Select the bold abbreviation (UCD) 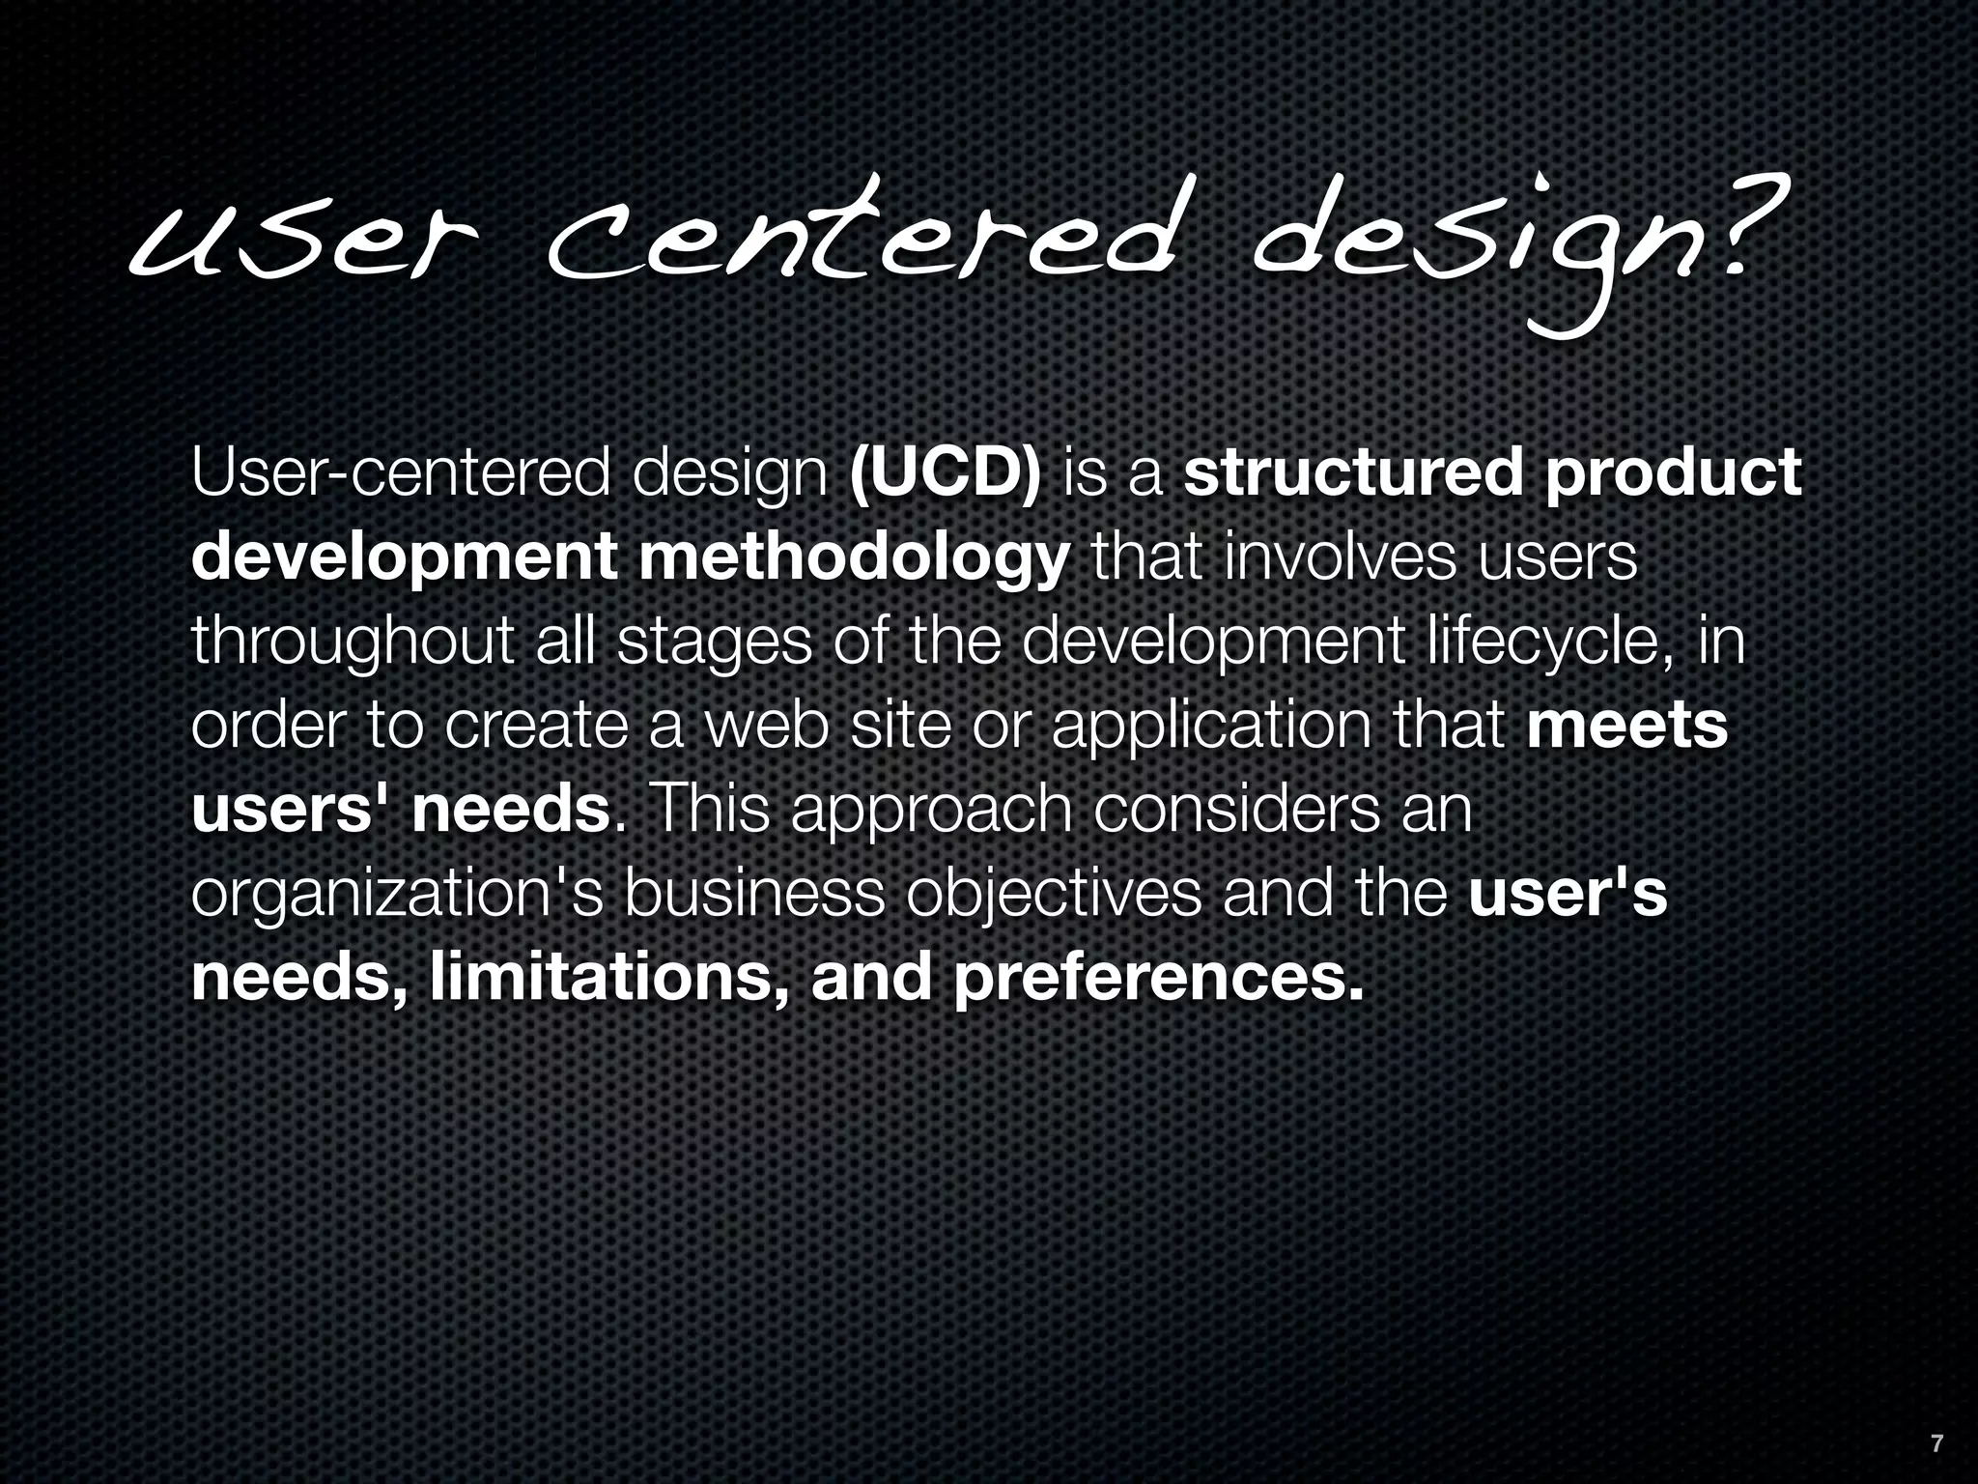point(945,474)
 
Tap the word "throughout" point(352,643)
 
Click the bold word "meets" point(1627,726)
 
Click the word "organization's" point(397,896)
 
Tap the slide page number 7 point(1936,1444)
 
